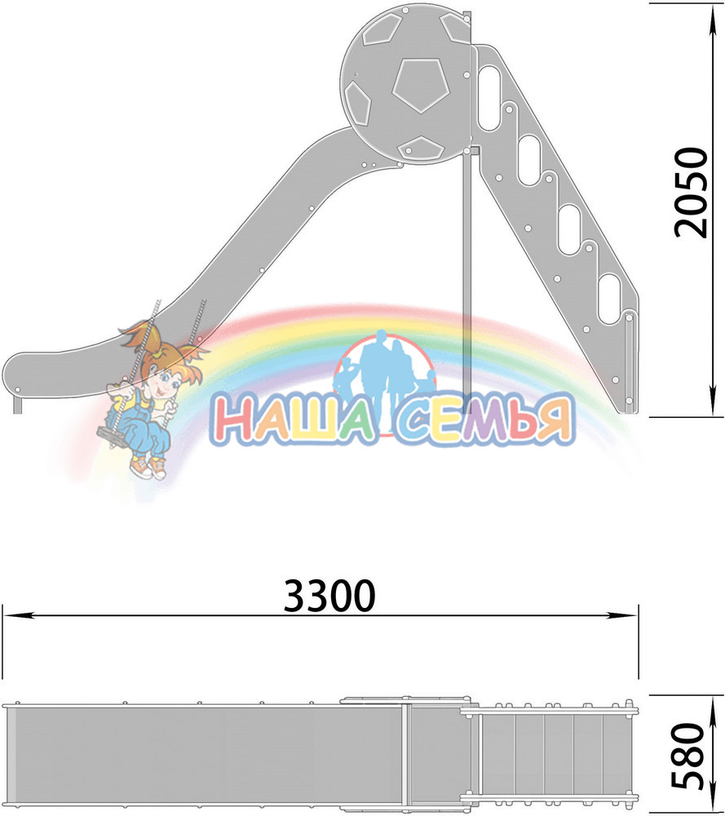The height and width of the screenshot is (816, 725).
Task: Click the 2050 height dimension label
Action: coord(692,193)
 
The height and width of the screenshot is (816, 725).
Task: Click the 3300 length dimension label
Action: coord(329,596)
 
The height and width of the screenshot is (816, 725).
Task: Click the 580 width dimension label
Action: coord(688,756)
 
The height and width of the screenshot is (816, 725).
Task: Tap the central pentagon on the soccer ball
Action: coord(421,84)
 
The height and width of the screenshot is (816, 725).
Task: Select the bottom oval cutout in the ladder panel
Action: coord(609,298)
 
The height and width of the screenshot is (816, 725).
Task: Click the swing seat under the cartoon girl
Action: coord(110,437)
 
